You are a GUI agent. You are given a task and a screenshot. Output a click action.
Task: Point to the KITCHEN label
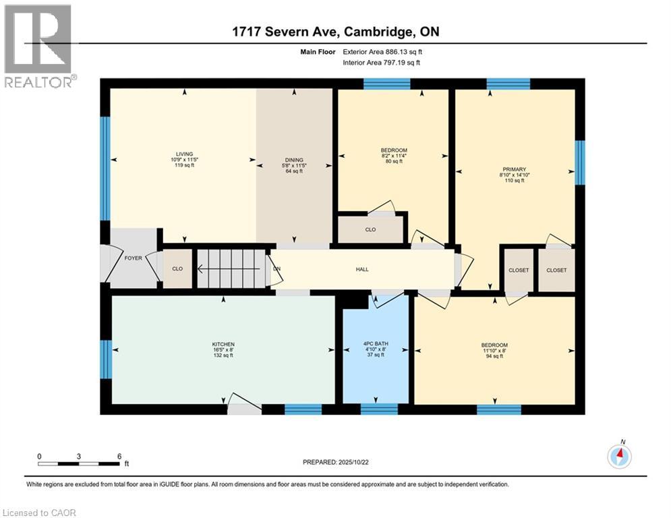223,344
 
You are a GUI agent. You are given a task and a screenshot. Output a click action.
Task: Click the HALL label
362,269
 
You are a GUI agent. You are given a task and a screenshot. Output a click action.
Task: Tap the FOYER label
133,258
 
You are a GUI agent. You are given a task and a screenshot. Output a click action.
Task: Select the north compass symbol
619,456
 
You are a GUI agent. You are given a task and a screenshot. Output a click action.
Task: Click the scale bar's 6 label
119,456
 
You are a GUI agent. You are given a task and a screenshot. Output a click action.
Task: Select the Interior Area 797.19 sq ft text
382,62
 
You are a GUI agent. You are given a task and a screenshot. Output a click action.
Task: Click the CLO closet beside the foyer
177,268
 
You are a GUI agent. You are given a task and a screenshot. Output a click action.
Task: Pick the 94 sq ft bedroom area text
494,355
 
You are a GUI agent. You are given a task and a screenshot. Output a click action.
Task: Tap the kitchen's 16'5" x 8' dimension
223,350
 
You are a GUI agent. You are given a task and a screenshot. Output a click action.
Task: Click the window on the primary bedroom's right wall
579,163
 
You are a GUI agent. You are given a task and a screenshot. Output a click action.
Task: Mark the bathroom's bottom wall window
379,409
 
